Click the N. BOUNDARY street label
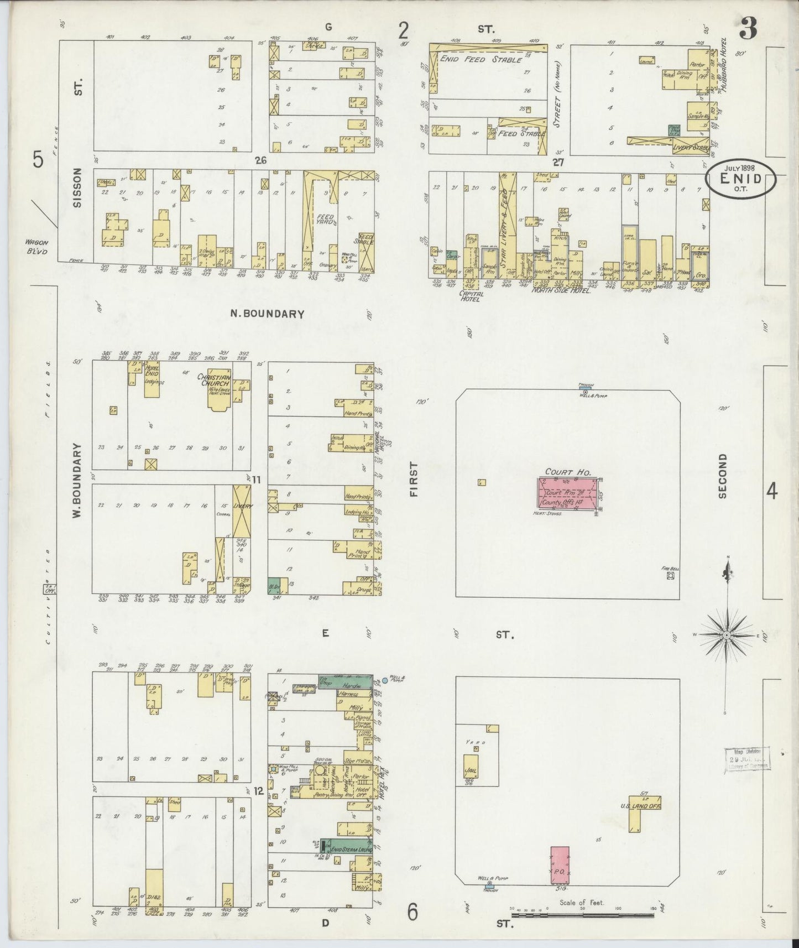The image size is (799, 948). pyautogui.click(x=267, y=314)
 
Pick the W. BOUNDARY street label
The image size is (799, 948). pyautogui.click(x=77, y=480)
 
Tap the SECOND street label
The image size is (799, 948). pyautogui.click(x=722, y=476)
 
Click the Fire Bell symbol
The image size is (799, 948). pyautogui.click(x=670, y=575)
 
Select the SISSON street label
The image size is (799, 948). pyautogui.click(x=78, y=188)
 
